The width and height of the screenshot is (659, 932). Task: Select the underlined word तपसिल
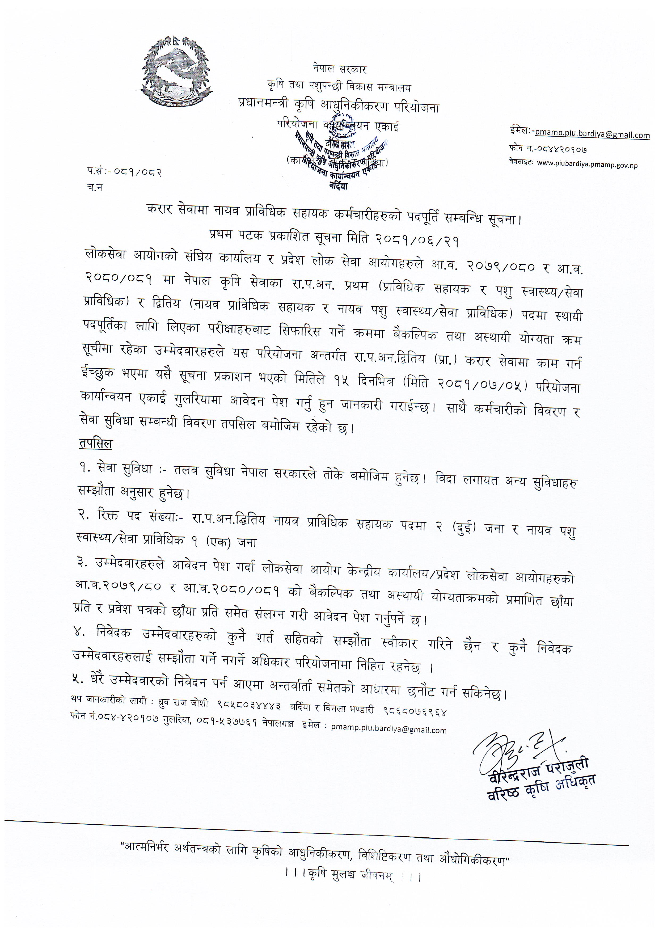pyautogui.click(x=96, y=444)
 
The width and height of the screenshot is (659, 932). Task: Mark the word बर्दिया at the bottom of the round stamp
pyautogui.click(x=338, y=186)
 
